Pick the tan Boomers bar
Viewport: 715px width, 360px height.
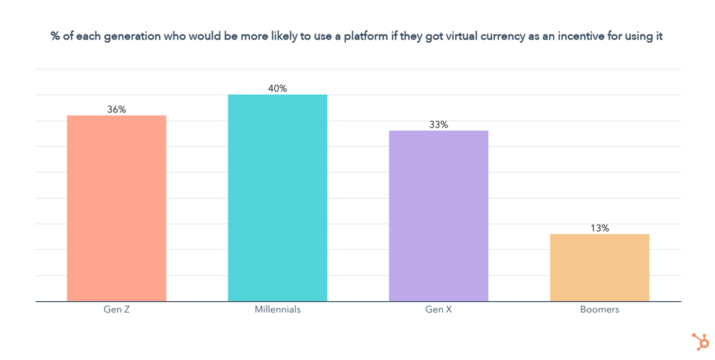pos(600,268)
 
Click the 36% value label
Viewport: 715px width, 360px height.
pos(116,109)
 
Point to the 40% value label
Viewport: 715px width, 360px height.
pos(277,89)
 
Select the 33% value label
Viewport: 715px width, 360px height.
pos(438,125)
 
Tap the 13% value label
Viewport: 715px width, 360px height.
pos(600,228)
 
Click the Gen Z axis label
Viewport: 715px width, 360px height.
pos(116,310)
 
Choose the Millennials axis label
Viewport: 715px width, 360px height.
pos(277,310)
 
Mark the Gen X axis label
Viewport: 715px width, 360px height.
pos(438,310)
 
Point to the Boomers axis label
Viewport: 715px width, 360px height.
pos(600,310)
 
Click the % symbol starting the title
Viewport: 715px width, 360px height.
pos(56,37)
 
